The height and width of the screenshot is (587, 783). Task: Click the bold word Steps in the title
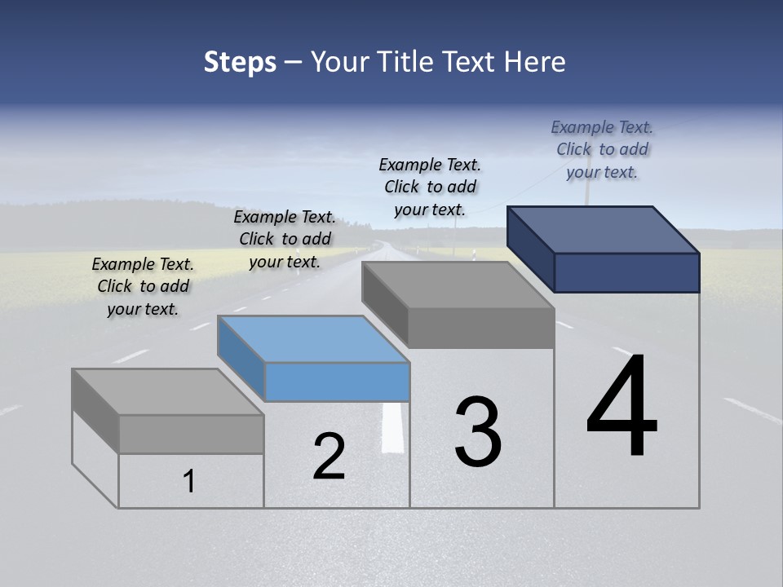click(x=240, y=62)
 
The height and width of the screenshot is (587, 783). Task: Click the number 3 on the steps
click(x=478, y=432)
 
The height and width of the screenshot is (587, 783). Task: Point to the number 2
click(x=329, y=457)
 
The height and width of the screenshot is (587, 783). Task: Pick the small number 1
click(x=189, y=481)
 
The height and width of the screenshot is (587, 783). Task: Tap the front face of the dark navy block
click(x=626, y=272)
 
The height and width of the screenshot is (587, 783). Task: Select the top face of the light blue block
click(x=313, y=339)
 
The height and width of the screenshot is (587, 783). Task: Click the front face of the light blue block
click(x=337, y=382)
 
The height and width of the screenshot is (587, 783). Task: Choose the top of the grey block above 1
click(x=167, y=392)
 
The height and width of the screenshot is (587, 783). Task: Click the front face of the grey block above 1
click(x=191, y=434)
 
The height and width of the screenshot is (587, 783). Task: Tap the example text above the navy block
click(x=602, y=149)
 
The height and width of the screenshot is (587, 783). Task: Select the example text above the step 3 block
click(x=430, y=187)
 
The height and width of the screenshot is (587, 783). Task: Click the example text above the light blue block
click(x=285, y=239)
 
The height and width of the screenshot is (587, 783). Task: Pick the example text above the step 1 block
click(x=143, y=286)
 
